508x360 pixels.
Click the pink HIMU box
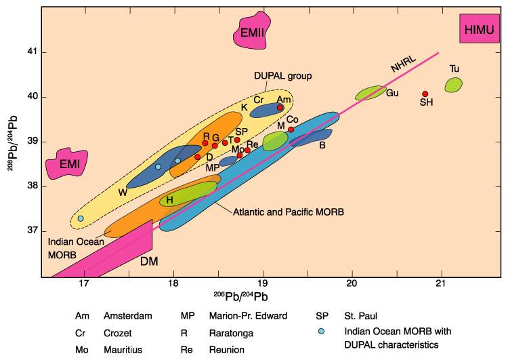coord(479,28)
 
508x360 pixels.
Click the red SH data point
coord(425,94)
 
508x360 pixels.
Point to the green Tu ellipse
coord(453,85)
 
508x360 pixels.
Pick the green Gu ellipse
coord(371,92)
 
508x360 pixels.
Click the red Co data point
coord(291,129)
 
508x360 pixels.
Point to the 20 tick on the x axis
coord(352,284)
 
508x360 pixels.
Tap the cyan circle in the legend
coord(322,331)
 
